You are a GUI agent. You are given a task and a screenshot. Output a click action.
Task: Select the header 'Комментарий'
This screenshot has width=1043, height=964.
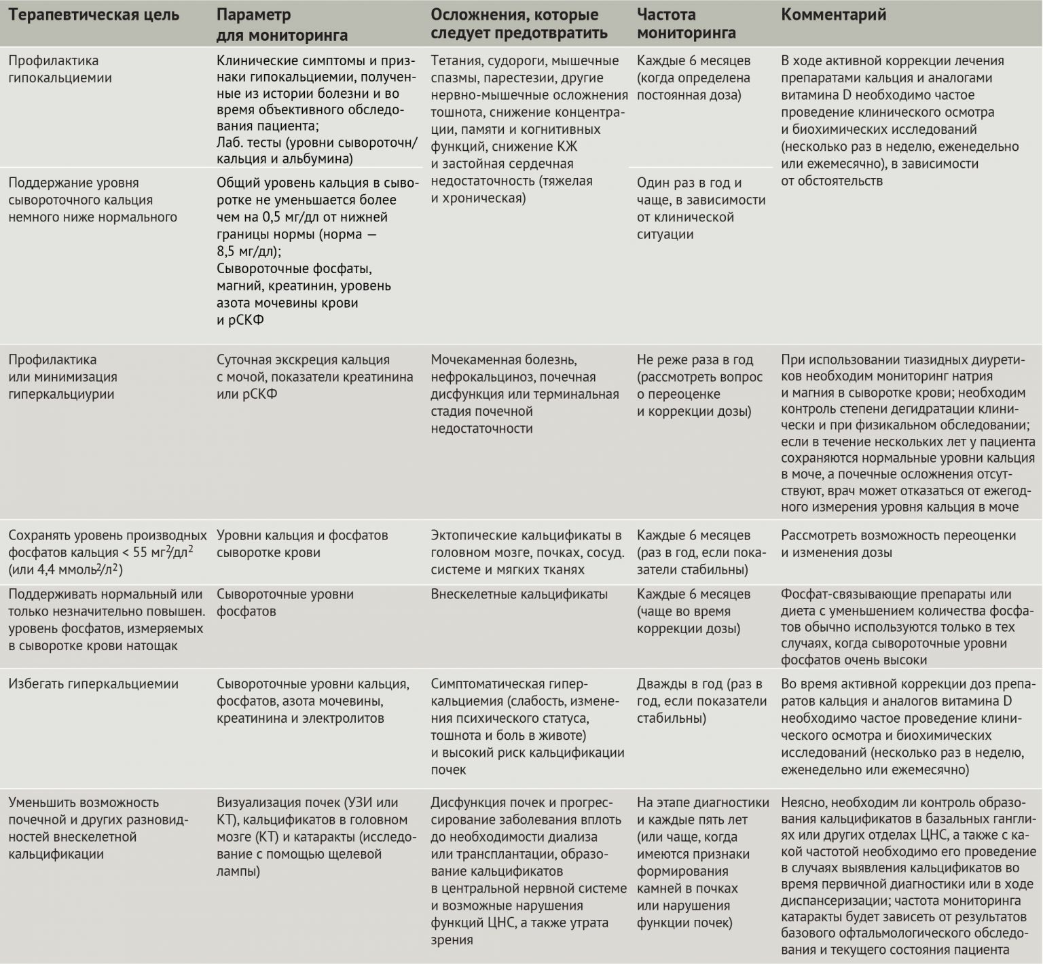[833, 16]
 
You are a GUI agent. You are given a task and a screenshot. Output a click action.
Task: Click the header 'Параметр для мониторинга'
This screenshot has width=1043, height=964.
[282, 24]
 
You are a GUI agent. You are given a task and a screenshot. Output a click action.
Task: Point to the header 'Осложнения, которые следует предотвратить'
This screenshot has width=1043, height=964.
[519, 24]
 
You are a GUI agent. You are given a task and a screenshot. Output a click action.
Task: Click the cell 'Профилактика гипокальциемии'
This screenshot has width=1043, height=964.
[60, 69]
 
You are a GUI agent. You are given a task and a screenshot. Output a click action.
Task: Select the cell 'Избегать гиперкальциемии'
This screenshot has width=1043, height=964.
[93, 684]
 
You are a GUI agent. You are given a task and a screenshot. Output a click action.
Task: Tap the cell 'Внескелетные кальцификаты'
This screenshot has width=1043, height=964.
[519, 594]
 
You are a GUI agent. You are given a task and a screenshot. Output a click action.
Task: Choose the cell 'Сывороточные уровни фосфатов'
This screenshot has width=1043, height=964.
[285, 603]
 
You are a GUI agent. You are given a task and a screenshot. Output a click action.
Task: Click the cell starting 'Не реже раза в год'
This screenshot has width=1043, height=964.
[699, 385]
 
